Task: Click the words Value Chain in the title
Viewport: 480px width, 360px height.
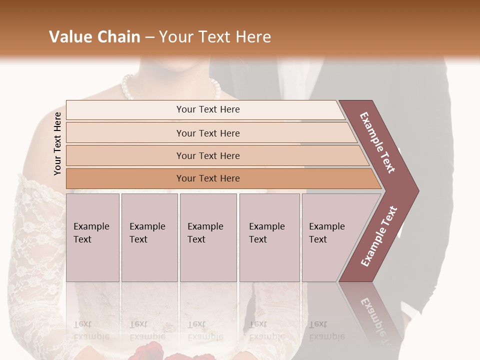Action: point(94,36)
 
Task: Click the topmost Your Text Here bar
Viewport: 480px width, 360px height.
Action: point(207,109)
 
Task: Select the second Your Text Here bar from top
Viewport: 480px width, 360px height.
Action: point(207,133)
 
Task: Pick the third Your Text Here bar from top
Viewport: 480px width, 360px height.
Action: point(207,155)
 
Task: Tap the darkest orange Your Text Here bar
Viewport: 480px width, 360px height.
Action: point(207,178)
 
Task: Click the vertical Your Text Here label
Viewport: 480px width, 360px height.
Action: point(57,143)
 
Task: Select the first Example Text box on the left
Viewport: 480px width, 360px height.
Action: point(92,237)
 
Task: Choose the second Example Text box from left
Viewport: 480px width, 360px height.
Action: point(149,237)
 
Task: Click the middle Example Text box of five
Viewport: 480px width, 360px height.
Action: point(208,237)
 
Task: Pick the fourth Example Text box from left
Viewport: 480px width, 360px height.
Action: point(269,237)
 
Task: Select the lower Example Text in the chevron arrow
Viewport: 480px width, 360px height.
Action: point(379,236)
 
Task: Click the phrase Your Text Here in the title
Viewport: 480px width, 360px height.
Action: point(215,36)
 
